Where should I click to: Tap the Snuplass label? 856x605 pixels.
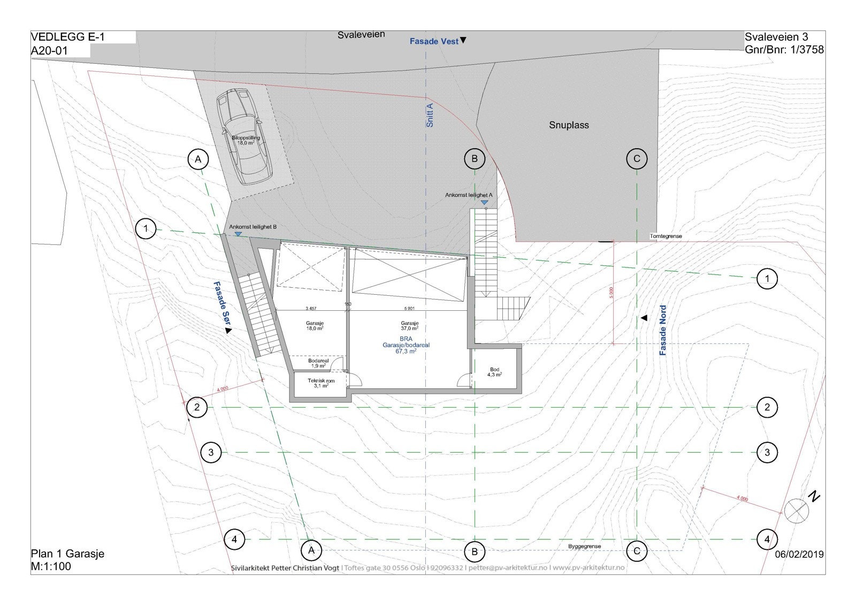[569, 125]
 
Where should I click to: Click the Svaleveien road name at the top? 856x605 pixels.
[361, 35]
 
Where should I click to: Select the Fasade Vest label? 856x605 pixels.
[434, 41]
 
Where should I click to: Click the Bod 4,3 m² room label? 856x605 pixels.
[494, 372]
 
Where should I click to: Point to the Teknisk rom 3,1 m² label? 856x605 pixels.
[321, 383]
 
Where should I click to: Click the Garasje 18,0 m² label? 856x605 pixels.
[315, 326]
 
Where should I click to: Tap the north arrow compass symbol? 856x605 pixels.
[797, 510]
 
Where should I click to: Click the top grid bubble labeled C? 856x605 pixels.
[637, 159]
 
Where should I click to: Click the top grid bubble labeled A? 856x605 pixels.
[198, 159]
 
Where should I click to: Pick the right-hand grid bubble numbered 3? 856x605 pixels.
[767, 453]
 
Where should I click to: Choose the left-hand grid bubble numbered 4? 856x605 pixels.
[234, 539]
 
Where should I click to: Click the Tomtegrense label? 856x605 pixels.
[666, 236]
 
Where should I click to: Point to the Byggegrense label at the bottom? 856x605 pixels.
[584, 546]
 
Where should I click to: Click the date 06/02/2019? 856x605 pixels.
[799, 555]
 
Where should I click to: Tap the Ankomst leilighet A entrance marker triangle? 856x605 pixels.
[484, 203]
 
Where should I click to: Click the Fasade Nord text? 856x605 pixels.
[663, 330]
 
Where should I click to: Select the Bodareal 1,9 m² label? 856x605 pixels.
[317, 364]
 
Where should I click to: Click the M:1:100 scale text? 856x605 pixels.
[51, 566]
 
